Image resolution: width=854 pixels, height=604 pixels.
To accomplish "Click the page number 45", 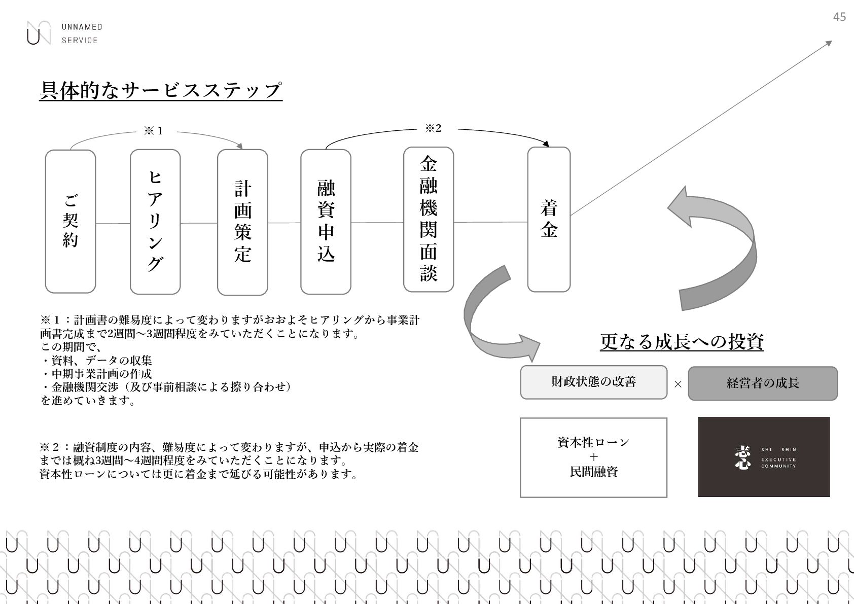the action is pyautogui.click(x=839, y=17).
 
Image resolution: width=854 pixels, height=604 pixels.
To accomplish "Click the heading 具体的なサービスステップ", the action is pyautogui.click(x=160, y=90).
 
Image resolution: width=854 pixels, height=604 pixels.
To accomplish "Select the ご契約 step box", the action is pyautogui.click(x=70, y=222).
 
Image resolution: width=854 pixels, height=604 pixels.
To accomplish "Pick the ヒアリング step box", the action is pyautogui.click(x=155, y=222).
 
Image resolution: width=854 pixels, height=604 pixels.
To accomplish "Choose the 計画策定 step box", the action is pyautogui.click(x=242, y=222).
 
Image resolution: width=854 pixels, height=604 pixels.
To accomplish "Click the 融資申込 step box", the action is pyautogui.click(x=326, y=222).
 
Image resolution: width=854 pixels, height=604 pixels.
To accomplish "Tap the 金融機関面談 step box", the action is pyautogui.click(x=429, y=219).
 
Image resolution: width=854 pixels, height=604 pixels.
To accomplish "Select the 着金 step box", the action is pyautogui.click(x=549, y=219).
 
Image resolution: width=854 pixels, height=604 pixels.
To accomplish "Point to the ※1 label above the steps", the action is pyautogui.click(x=154, y=131).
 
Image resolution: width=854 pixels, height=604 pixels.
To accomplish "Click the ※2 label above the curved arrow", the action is pyautogui.click(x=433, y=128).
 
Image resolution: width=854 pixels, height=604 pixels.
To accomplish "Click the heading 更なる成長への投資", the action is pyautogui.click(x=682, y=342).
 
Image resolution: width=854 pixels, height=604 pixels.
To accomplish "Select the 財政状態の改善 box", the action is pyautogui.click(x=593, y=382).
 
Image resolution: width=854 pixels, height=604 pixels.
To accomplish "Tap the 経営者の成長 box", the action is pyautogui.click(x=762, y=383).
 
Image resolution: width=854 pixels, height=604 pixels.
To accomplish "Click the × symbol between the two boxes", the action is pyautogui.click(x=678, y=384).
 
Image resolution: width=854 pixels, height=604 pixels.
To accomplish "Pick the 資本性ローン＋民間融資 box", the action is pyautogui.click(x=593, y=457).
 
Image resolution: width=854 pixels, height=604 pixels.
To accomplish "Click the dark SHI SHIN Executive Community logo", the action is pyautogui.click(x=764, y=457).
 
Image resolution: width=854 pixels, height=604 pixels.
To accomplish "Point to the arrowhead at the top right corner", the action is pyautogui.click(x=829, y=43).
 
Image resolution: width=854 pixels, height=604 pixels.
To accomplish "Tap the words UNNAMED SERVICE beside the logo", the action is pyautogui.click(x=82, y=33).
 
